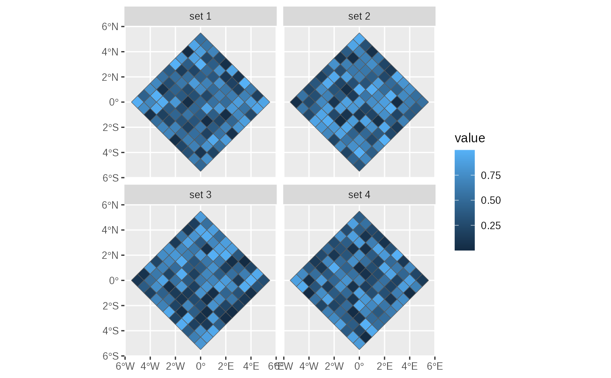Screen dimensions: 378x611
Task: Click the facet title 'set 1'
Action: [200, 17]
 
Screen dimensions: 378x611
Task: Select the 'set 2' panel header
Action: [359, 17]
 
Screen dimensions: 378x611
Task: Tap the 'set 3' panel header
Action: [200, 195]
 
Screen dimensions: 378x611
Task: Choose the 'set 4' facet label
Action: [359, 195]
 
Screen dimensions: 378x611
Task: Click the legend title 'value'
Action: [470, 138]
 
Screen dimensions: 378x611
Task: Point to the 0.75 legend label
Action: [491, 176]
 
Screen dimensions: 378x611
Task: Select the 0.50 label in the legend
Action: [491, 201]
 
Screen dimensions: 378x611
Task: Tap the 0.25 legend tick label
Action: [491, 226]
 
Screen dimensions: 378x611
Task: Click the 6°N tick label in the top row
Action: [110, 27]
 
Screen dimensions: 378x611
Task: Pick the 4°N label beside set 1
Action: [110, 52]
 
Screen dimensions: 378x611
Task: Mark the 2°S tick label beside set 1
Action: [110, 127]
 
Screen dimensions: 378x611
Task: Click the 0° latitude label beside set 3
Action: [113, 280]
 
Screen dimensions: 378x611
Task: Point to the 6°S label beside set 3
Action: [110, 356]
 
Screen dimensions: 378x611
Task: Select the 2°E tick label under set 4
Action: [384, 366]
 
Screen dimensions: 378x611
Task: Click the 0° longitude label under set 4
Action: [359, 366]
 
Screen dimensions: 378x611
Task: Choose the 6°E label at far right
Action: [435, 366]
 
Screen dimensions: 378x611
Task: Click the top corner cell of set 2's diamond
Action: [359, 39]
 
